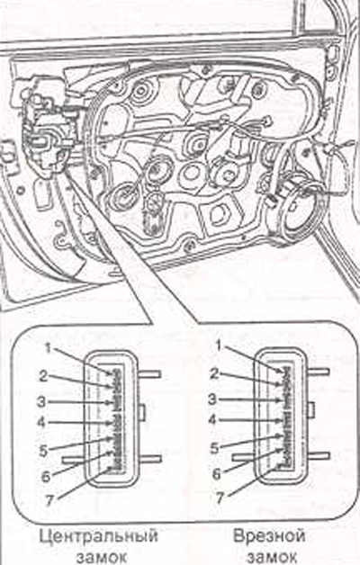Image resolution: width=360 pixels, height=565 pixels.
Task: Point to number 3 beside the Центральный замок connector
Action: pyautogui.click(x=41, y=401)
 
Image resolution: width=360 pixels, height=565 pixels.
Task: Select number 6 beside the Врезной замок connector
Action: pyautogui.click(x=216, y=473)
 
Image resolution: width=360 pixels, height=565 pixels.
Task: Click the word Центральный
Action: pyautogui.click(x=98, y=536)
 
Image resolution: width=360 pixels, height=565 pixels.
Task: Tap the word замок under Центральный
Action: pyautogui.click(x=102, y=558)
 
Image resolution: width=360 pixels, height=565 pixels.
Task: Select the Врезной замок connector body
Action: pyautogui.click(x=282, y=418)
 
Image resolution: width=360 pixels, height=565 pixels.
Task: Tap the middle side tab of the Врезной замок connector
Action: pyautogui.click(x=311, y=410)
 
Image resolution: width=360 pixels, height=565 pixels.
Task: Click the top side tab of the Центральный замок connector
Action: pyautogui.click(x=149, y=374)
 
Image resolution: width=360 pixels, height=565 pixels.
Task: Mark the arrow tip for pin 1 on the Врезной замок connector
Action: pyautogui.click(x=281, y=372)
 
